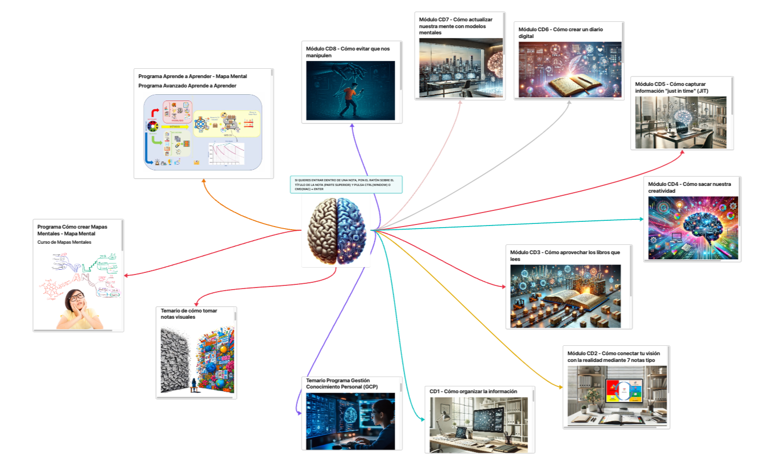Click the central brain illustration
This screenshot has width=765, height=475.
tap(336, 231)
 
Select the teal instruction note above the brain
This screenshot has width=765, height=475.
tap(346, 184)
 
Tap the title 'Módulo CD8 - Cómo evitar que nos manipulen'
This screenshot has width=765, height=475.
tap(347, 52)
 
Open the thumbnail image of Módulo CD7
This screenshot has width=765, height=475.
tap(460, 68)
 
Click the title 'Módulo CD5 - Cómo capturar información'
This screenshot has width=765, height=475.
tap(671, 87)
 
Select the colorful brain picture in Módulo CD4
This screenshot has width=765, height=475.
tap(693, 228)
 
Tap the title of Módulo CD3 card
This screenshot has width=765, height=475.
tap(565, 255)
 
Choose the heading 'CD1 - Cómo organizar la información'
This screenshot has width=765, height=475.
tap(473, 392)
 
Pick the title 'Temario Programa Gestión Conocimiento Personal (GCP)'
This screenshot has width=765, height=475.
tap(342, 384)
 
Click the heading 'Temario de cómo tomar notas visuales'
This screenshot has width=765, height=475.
tap(189, 314)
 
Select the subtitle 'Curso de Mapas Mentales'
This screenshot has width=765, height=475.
tap(64, 242)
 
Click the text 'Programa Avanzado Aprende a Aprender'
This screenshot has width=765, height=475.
tap(187, 86)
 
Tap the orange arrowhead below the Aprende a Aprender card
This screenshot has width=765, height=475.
tap(204, 181)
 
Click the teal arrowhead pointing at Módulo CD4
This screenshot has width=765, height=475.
tap(642, 219)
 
